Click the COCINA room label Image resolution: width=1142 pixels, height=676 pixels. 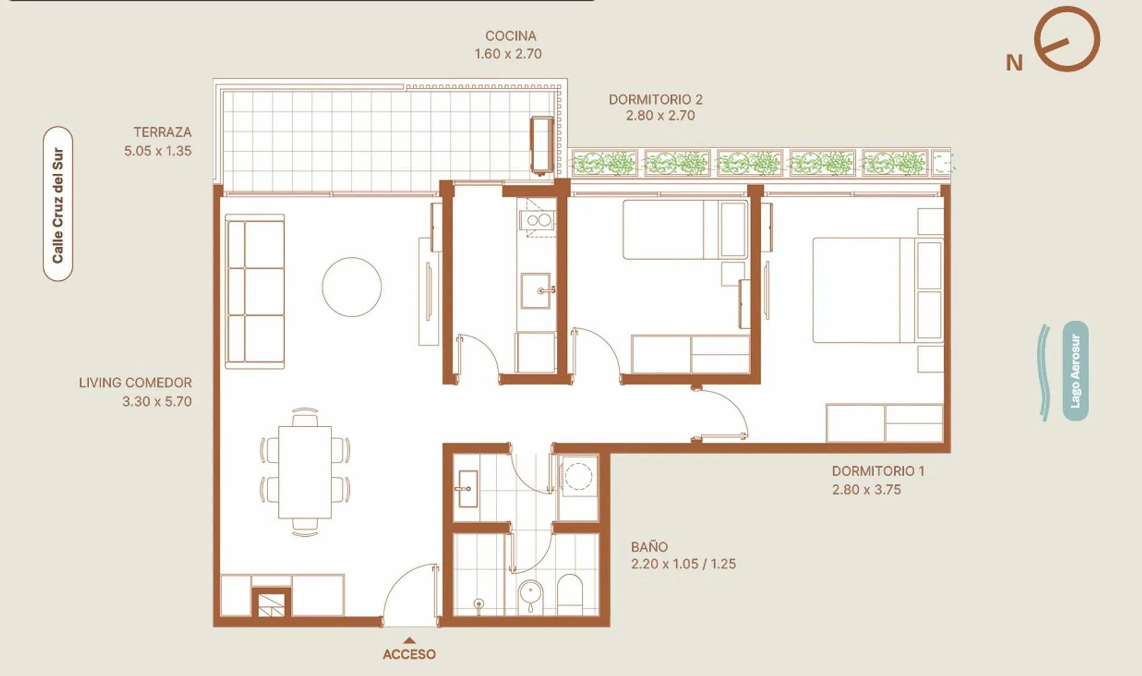coord(510,36)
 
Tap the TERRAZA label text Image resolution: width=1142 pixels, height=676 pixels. coord(162,132)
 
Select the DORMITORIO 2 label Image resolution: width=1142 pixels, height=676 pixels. coord(655,99)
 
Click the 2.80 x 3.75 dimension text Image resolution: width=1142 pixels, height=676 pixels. coord(866,490)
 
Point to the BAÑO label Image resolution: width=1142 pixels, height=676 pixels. coord(650,546)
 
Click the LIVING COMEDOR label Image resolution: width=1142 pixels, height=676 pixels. coord(136,383)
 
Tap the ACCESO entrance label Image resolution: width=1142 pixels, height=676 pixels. coord(409,654)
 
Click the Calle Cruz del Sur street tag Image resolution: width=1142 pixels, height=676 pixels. coord(58,204)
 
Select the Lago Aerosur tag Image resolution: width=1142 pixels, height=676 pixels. coord(1075,371)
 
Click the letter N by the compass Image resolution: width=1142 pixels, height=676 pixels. coord(1015,62)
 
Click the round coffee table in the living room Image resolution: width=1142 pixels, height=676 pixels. coord(352,287)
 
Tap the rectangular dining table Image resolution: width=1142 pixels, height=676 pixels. coord(305,472)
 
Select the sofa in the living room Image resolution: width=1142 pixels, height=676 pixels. coord(255,291)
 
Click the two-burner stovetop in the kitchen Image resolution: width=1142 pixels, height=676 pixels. coord(539,221)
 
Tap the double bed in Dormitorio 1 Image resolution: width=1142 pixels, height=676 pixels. coord(878,290)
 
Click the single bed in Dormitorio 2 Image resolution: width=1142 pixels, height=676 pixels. coord(685,230)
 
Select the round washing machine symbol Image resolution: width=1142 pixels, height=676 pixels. coord(578,475)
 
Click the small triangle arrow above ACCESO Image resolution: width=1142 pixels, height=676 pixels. coord(409,641)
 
